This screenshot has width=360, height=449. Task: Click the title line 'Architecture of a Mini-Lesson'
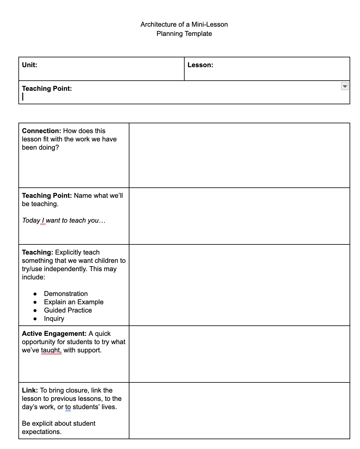(x=184, y=25)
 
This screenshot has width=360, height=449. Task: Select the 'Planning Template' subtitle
(x=184, y=34)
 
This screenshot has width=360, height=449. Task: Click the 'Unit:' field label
(x=29, y=65)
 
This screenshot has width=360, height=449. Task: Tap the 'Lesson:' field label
(x=200, y=65)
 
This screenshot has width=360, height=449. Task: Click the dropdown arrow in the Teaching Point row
(x=345, y=86)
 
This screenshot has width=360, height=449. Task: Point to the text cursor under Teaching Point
(x=23, y=97)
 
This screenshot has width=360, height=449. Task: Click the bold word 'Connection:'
(x=41, y=131)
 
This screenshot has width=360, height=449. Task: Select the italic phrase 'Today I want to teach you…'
(x=63, y=221)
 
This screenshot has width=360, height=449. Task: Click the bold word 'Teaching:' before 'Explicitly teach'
(x=37, y=252)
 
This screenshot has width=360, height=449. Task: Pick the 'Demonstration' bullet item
(x=66, y=294)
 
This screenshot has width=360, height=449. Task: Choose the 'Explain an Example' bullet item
(x=74, y=302)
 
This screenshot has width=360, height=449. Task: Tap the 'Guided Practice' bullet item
(x=68, y=310)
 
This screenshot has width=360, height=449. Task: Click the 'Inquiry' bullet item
(x=54, y=319)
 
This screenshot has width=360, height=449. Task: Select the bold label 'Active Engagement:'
(x=54, y=334)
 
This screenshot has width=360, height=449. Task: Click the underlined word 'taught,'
(x=51, y=350)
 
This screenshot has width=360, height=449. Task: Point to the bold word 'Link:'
(x=30, y=390)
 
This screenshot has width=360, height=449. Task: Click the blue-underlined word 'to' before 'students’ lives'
(x=68, y=407)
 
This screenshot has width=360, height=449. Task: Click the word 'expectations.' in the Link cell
(x=42, y=432)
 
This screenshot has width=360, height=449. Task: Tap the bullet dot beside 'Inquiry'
(x=35, y=319)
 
